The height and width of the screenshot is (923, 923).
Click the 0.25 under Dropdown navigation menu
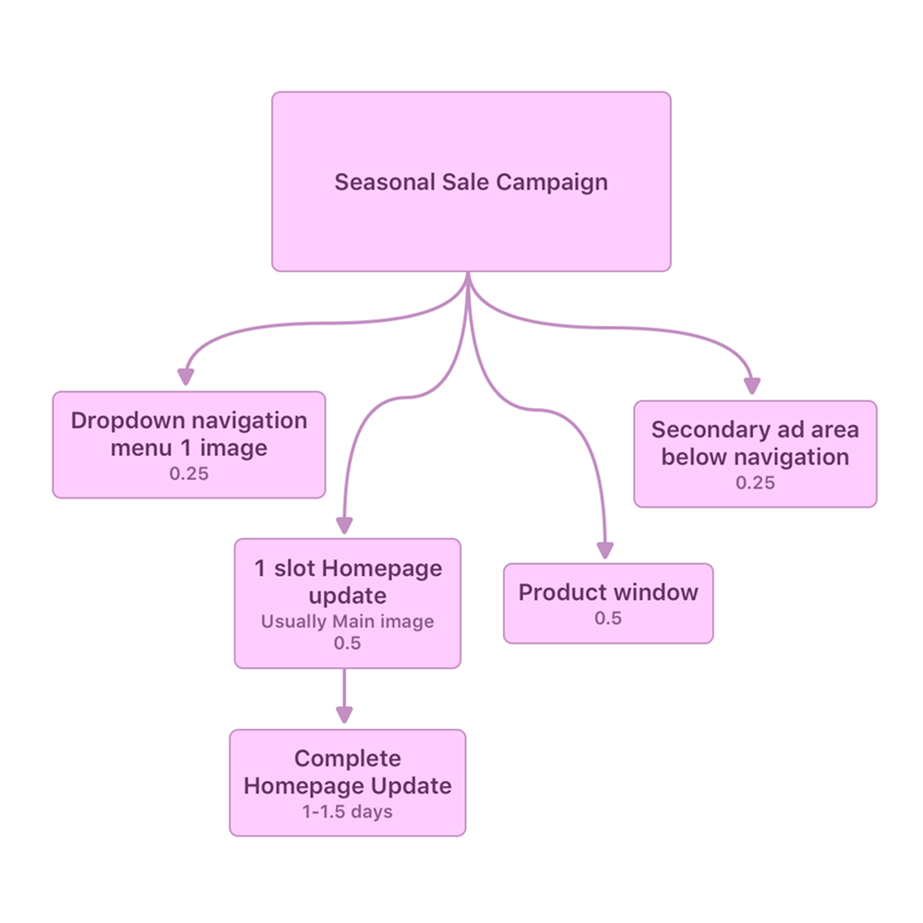(x=188, y=474)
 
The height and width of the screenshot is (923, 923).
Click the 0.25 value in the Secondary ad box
(x=755, y=482)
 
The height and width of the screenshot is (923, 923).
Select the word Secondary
(x=696, y=429)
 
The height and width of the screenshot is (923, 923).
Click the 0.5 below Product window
(x=608, y=617)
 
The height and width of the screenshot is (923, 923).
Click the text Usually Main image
(x=347, y=621)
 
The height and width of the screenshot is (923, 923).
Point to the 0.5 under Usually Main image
(x=347, y=642)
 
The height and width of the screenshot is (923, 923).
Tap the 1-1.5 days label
(x=347, y=812)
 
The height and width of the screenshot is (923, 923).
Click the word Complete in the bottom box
(x=347, y=759)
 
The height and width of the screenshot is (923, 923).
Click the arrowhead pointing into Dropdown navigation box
(x=186, y=376)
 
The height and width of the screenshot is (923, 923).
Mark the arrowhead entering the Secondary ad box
(x=753, y=385)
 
